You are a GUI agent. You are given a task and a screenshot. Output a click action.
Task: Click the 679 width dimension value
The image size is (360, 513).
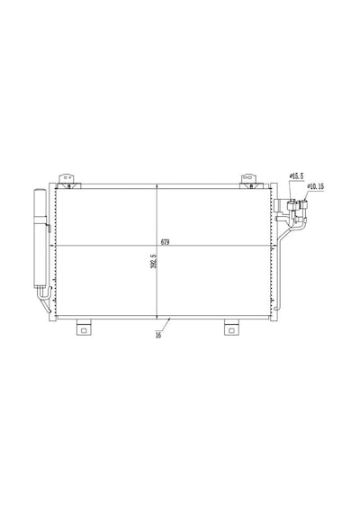tap(165, 242)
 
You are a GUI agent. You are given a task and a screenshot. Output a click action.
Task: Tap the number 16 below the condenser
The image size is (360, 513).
tap(158, 336)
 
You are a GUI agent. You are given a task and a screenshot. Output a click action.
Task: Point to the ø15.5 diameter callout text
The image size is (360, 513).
tap(296, 176)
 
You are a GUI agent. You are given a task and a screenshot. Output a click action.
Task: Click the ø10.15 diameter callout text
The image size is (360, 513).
tap(316, 186)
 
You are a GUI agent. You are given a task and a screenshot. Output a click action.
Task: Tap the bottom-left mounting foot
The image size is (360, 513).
tap(84, 328)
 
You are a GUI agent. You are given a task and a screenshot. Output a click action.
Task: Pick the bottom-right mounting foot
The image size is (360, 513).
tap(231, 328)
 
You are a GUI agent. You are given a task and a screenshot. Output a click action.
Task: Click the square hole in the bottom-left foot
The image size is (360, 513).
tap(84, 330)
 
